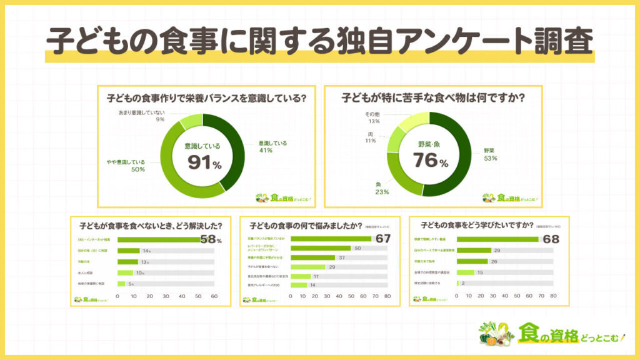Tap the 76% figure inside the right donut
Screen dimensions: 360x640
coord(430,160)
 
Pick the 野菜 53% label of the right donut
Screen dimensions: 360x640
coord(489,154)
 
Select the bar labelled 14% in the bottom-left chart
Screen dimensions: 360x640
coord(129,251)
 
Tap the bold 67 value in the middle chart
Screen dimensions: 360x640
coord(382,238)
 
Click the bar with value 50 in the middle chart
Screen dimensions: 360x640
coord(321,248)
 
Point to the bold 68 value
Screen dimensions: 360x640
coord(550,238)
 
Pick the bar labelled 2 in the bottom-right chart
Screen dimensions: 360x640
coord(459,283)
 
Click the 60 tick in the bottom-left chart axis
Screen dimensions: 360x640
coord(214,296)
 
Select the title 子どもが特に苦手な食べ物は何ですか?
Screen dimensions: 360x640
coord(433,98)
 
